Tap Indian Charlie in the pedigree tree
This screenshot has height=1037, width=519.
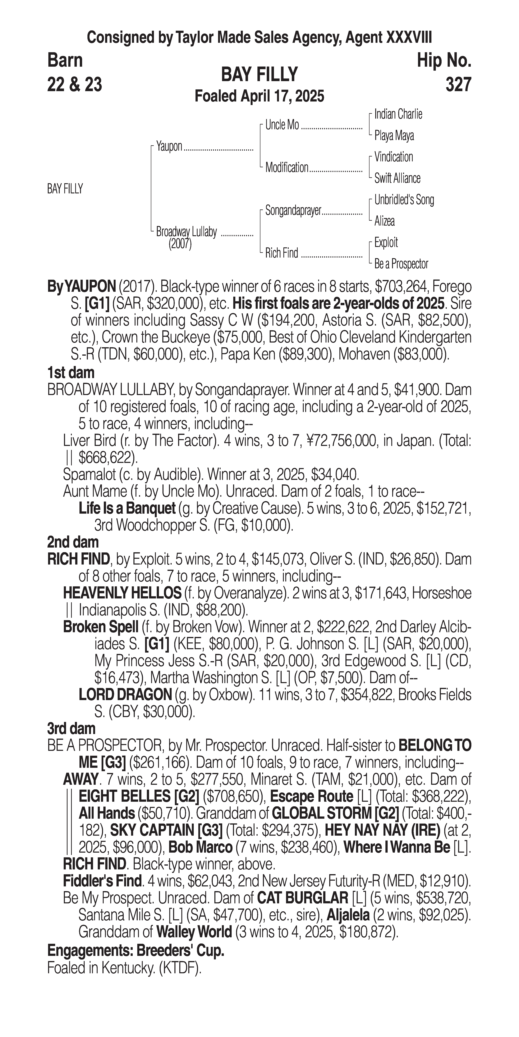pos(398,114)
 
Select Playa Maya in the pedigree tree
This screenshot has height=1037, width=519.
pos(394,136)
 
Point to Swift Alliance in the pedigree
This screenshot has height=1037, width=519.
pos(397,178)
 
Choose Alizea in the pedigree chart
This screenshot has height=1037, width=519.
pos(384,221)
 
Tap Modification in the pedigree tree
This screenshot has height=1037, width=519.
pos(286,167)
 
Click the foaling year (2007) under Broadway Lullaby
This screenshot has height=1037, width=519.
pos(180,244)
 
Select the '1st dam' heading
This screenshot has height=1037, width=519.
pos(71,373)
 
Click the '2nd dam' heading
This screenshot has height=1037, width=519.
pos(73,542)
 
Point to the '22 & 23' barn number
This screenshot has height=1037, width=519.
pos(74,85)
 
